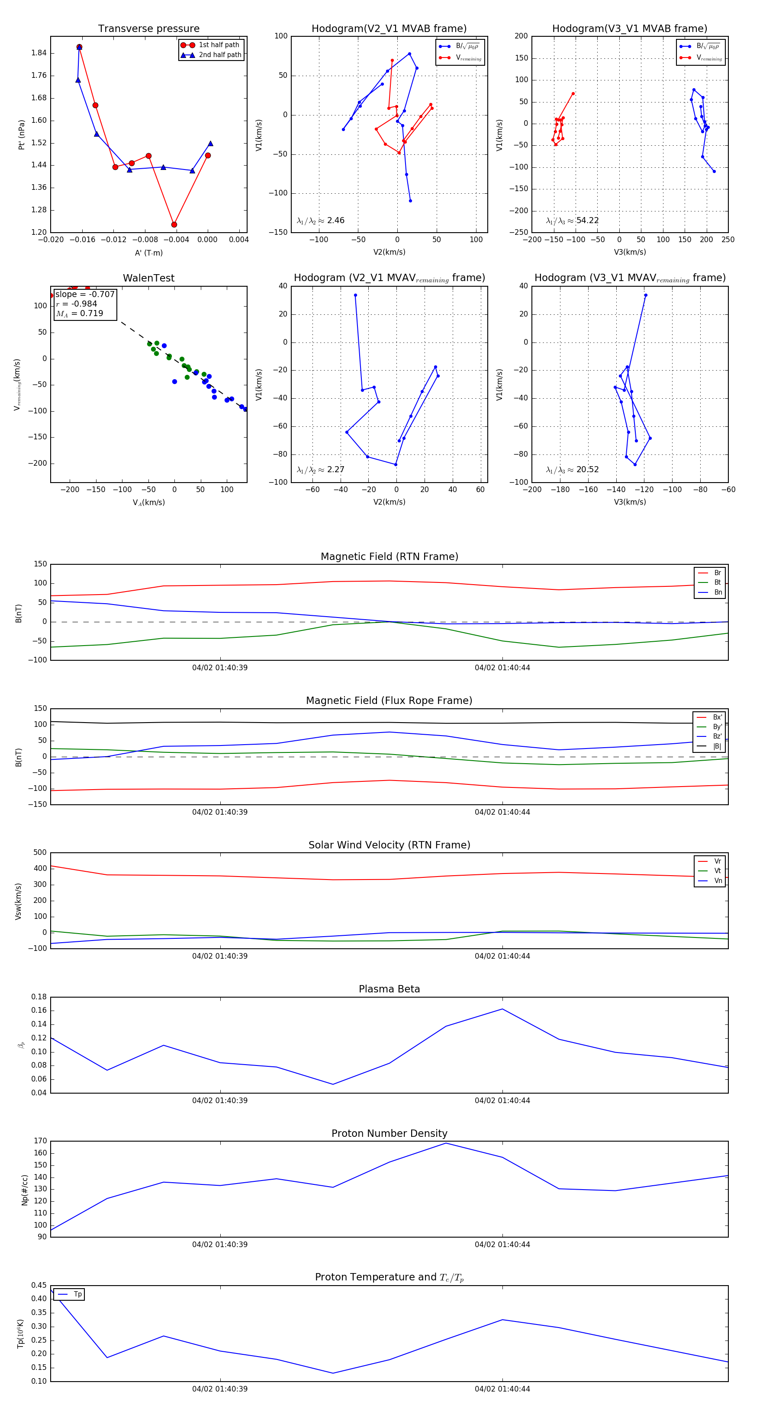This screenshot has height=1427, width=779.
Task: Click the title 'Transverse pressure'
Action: pos(148,29)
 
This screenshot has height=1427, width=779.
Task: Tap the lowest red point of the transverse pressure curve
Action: pos(174,224)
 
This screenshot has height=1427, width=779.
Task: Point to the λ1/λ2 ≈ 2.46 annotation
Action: pos(320,221)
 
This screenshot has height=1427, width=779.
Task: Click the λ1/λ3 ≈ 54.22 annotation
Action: pos(572,221)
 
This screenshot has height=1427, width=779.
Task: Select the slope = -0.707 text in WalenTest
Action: pos(85,294)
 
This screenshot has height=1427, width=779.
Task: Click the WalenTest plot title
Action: pos(148,278)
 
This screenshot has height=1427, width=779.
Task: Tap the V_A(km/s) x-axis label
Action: pos(148,502)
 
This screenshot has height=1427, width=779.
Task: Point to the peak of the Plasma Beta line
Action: pos(502,1009)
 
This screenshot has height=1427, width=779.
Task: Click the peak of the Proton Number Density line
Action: pos(446,1143)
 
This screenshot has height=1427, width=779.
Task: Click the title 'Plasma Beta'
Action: pos(389,989)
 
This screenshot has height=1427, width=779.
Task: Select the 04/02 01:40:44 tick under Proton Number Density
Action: pos(502,1244)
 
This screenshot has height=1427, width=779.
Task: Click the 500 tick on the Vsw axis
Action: pos(40,853)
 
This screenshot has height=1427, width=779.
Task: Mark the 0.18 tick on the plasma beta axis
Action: pos(39,997)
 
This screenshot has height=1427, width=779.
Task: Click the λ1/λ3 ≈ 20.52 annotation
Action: pos(572,470)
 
